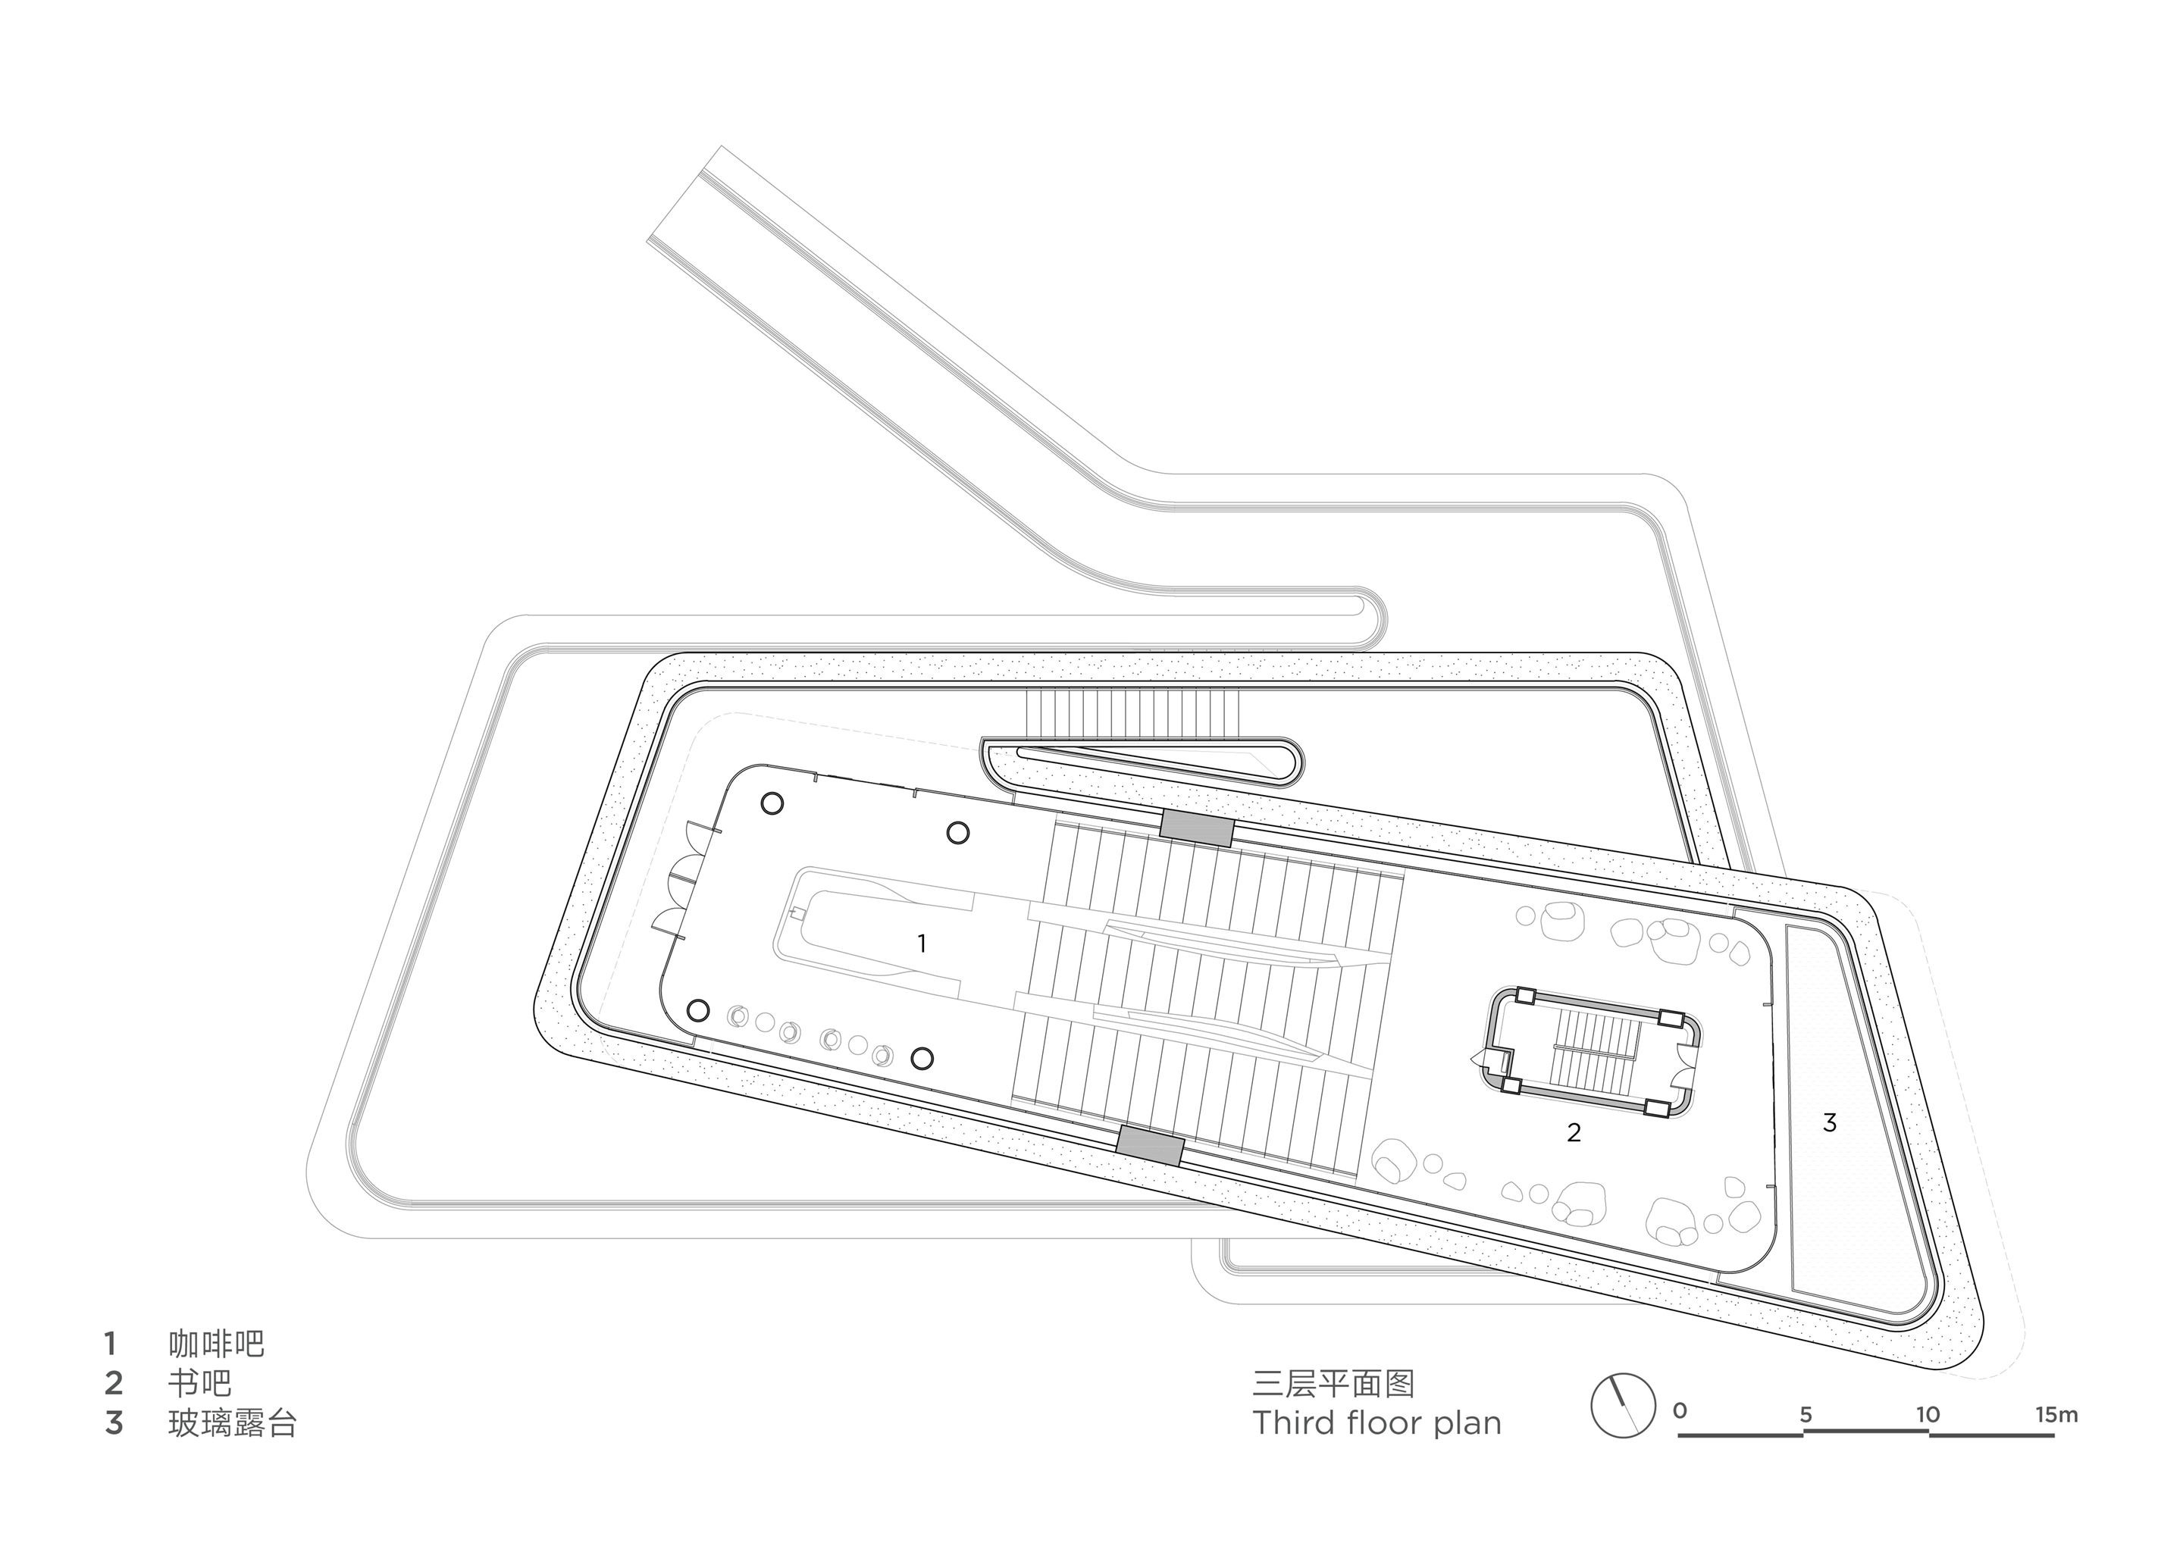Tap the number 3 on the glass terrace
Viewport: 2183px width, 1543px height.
coord(1829,1123)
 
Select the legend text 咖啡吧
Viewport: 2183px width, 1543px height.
coord(216,1344)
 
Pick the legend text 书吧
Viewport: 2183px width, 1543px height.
coord(199,1382)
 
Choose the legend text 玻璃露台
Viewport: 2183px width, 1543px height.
coord(232,1423)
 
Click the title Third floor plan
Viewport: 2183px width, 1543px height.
coord(1377,1423)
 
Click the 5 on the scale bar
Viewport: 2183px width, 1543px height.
coord(1806,1416)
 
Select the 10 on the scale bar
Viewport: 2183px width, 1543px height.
coord(1928,1415)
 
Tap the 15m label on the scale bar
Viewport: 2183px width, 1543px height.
coord(2056,1415)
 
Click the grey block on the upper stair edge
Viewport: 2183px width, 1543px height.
coord(1196,827)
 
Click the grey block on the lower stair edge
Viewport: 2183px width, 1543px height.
coord(1151,1144)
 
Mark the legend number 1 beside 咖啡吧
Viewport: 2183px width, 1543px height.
coord(111,1344)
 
